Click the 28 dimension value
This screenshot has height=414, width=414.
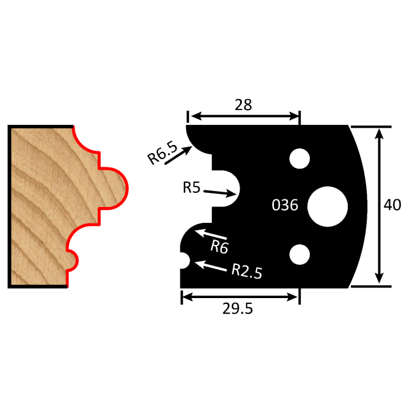click(x=243, y=105)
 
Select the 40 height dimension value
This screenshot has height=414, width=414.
click(x=392, y=205)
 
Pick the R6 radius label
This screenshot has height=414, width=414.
click(x=219, y=247)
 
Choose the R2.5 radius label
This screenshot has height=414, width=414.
click(x=246, y=271)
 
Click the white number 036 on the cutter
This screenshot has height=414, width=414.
click(x=284, y=205)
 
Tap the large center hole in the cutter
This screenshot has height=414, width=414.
click(x=327, y=205)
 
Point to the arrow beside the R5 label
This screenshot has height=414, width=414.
click(x=222, y=192)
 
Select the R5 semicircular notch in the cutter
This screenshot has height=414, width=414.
click(x=228, y=189)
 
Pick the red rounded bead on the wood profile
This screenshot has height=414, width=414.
click(x=116, y=188)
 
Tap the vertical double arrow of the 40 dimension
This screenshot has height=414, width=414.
click(x=380, y=206)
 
